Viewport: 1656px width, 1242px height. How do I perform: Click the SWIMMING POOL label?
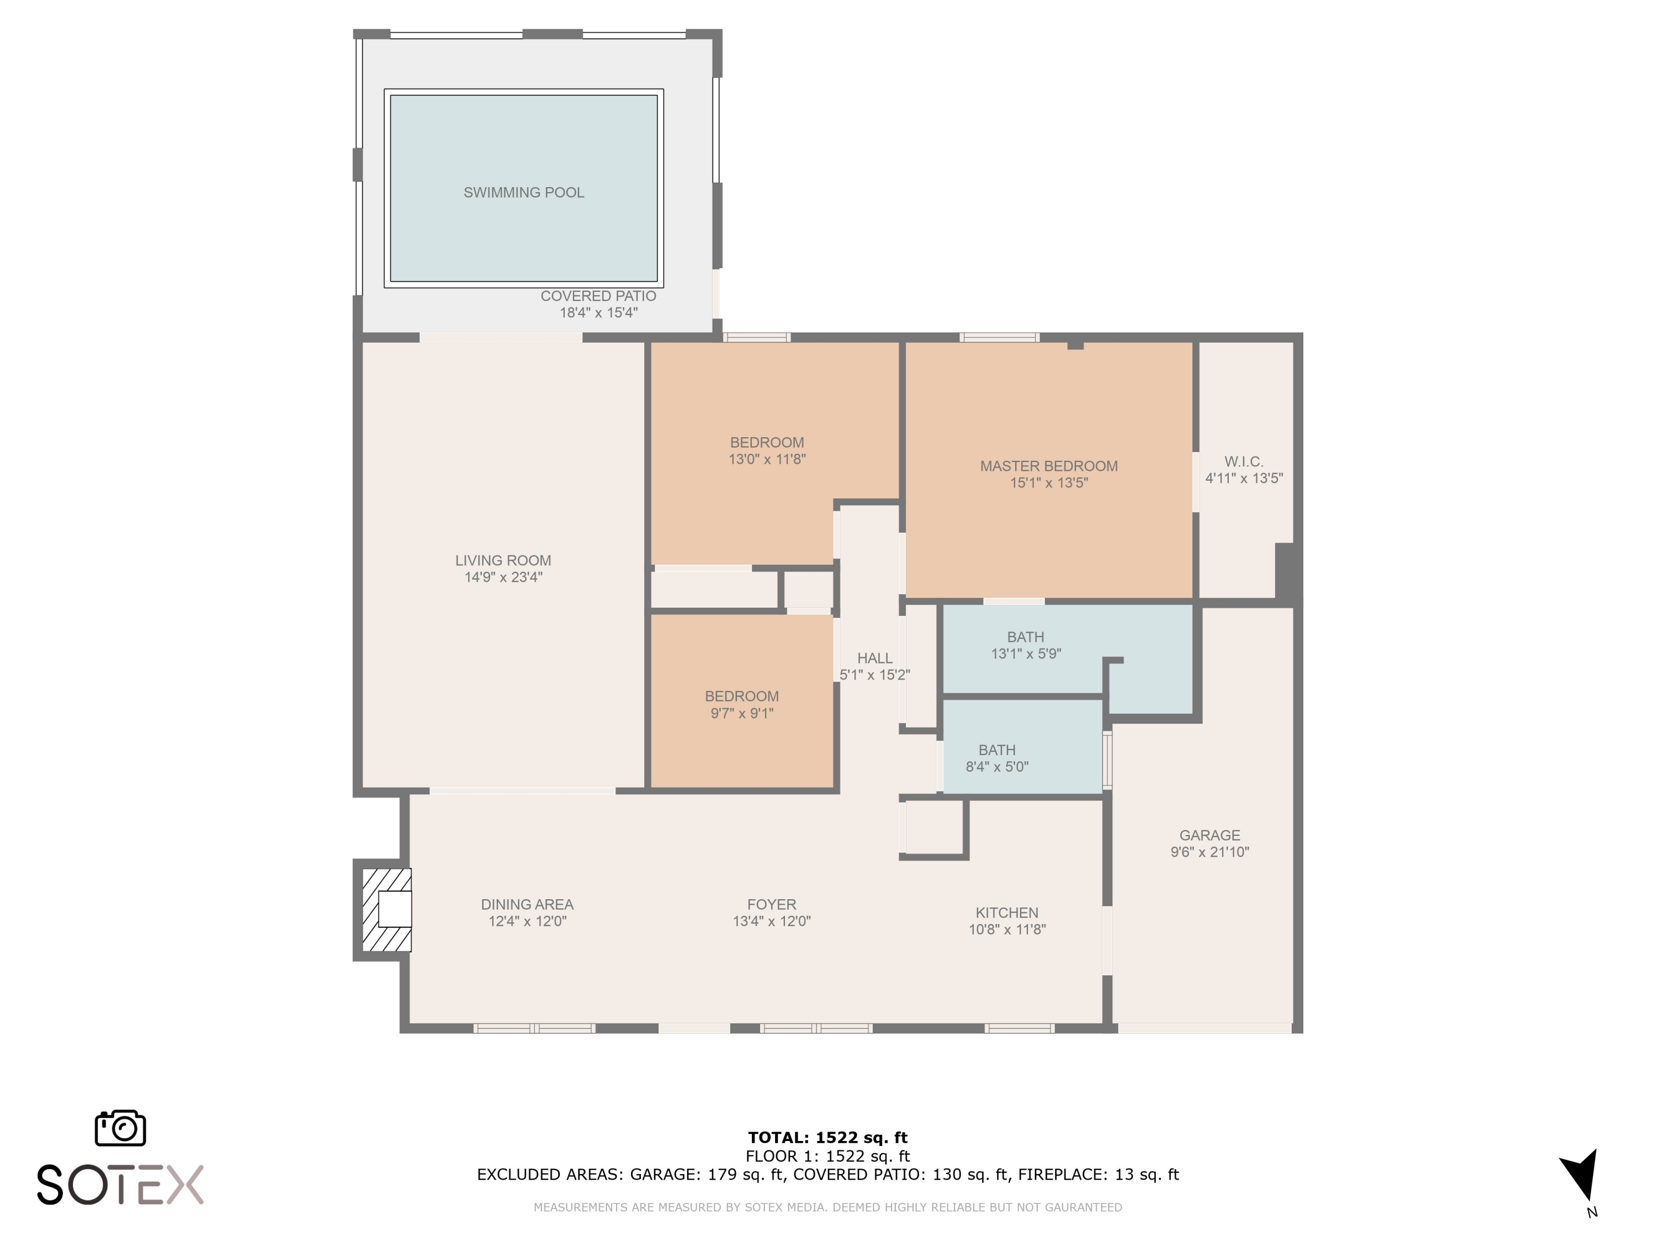coord(523,193)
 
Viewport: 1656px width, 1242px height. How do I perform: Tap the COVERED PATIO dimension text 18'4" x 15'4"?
coord(598,313)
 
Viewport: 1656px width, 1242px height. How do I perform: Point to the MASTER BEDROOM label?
coord(1049,466)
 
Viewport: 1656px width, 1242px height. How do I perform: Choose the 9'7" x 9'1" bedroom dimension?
coord(742,713)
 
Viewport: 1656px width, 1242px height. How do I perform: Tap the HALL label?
coord(874,658)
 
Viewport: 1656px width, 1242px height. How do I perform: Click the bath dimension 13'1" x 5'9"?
coord(1026,654)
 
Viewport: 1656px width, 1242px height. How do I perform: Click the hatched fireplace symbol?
coord(386,910)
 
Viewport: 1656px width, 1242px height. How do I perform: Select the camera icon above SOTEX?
coord(120,1127)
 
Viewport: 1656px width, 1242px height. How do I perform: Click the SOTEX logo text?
coord(120,1185)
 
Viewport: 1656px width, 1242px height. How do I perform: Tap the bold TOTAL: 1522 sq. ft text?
coord(827,1138)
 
